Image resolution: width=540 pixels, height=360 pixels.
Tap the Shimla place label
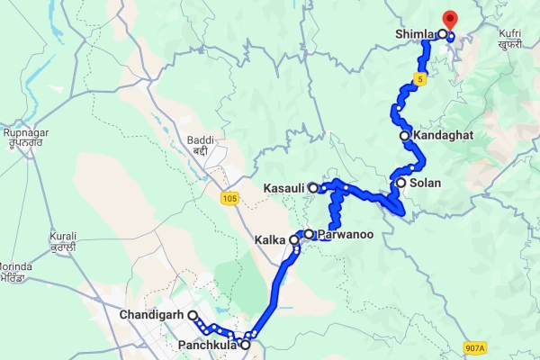414,34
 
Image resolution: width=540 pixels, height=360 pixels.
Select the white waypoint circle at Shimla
443,34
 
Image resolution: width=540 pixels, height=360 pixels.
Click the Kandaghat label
443,136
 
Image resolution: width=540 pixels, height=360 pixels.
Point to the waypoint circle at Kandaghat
405,136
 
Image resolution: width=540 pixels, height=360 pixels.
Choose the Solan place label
425,183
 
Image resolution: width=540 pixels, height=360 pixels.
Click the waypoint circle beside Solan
400,183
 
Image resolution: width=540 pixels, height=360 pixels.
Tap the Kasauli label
283,188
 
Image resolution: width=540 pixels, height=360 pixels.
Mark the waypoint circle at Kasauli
313,187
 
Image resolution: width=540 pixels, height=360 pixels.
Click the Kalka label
271,241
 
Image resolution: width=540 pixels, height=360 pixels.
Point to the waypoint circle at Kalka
294,240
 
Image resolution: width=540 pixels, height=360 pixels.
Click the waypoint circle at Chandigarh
193,315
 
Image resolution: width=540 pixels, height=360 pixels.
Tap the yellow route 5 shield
419,81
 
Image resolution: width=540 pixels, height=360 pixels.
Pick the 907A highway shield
474,347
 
